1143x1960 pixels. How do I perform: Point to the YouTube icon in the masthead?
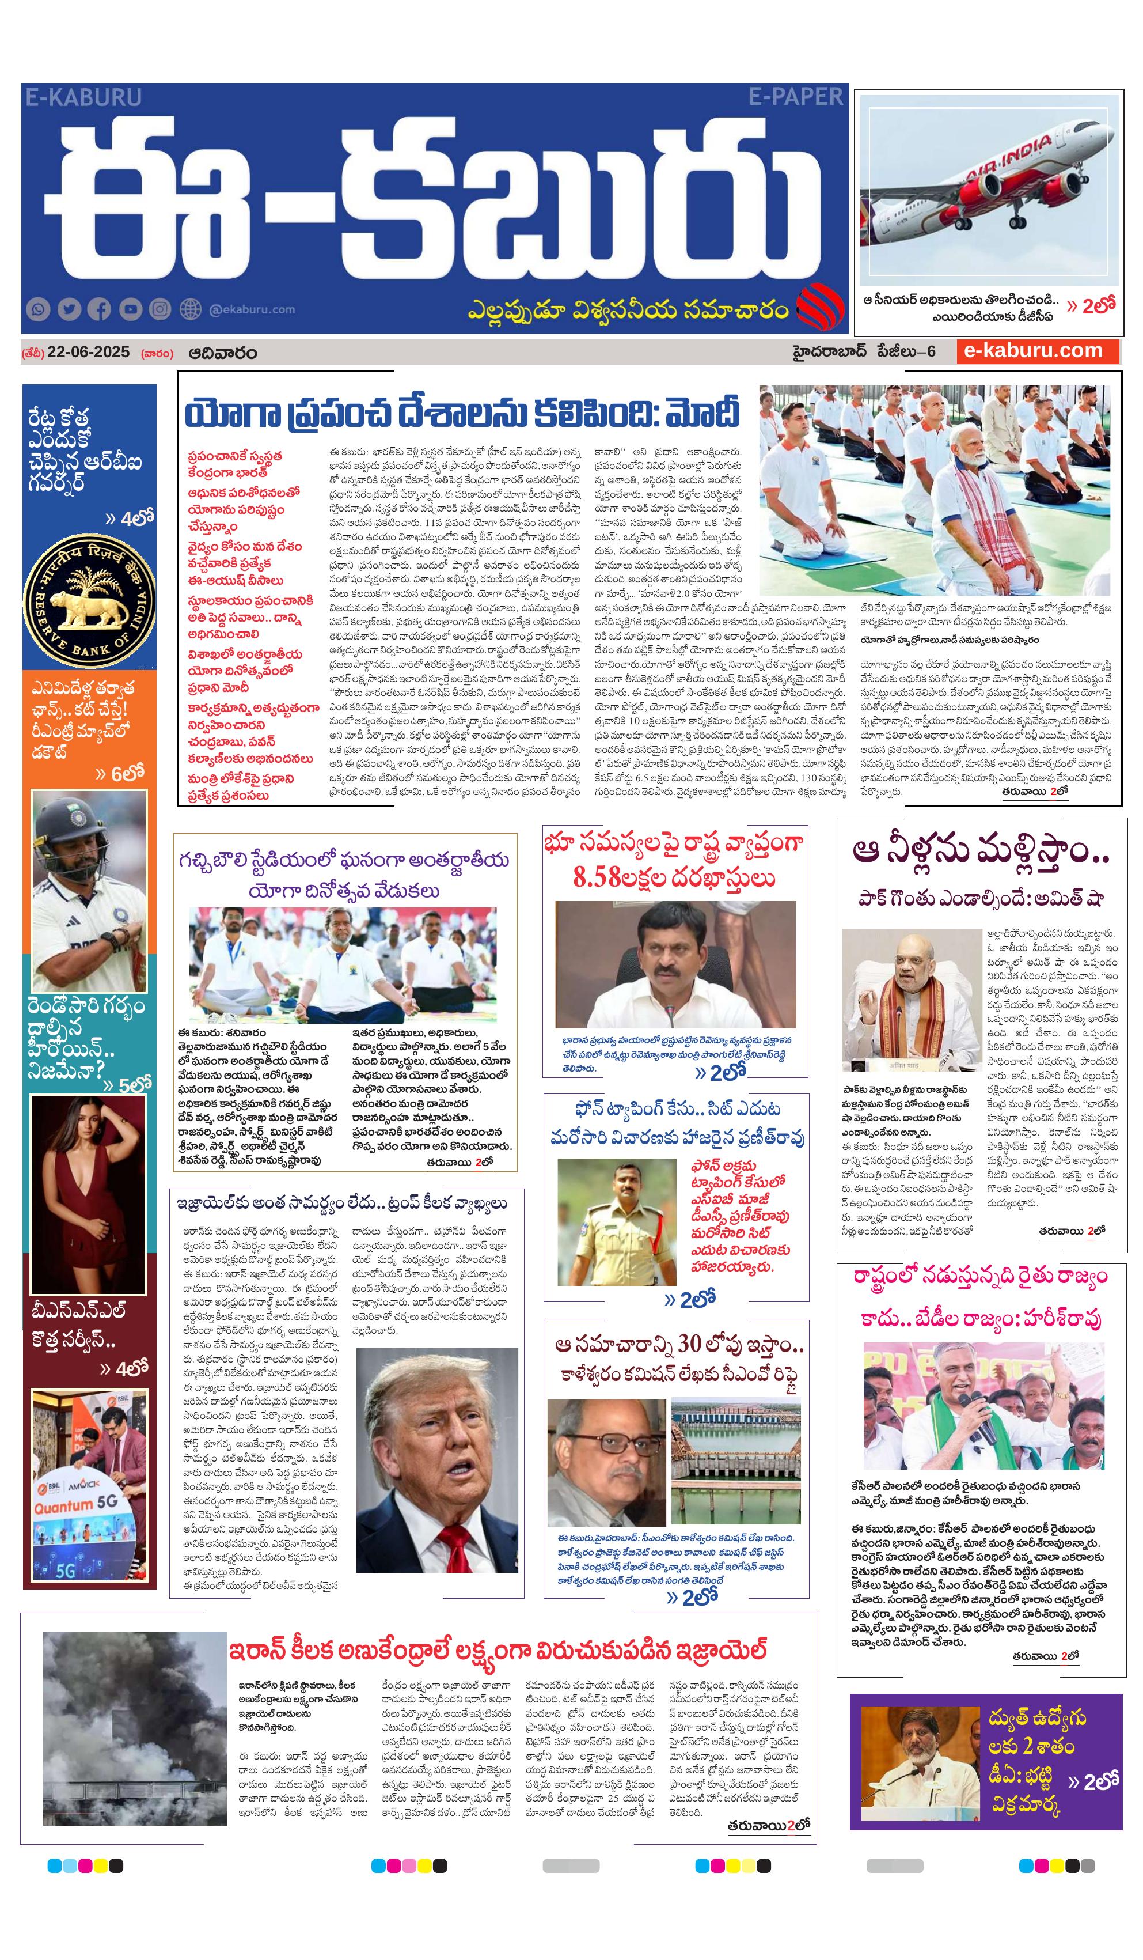coord(130,309)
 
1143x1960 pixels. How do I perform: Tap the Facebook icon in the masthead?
coord(100,309)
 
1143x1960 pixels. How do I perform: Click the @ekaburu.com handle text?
coord(252,309)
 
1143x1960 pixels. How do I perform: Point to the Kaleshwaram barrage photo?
coord(735,1463)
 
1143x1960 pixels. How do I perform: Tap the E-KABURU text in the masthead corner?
coord(83,97)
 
